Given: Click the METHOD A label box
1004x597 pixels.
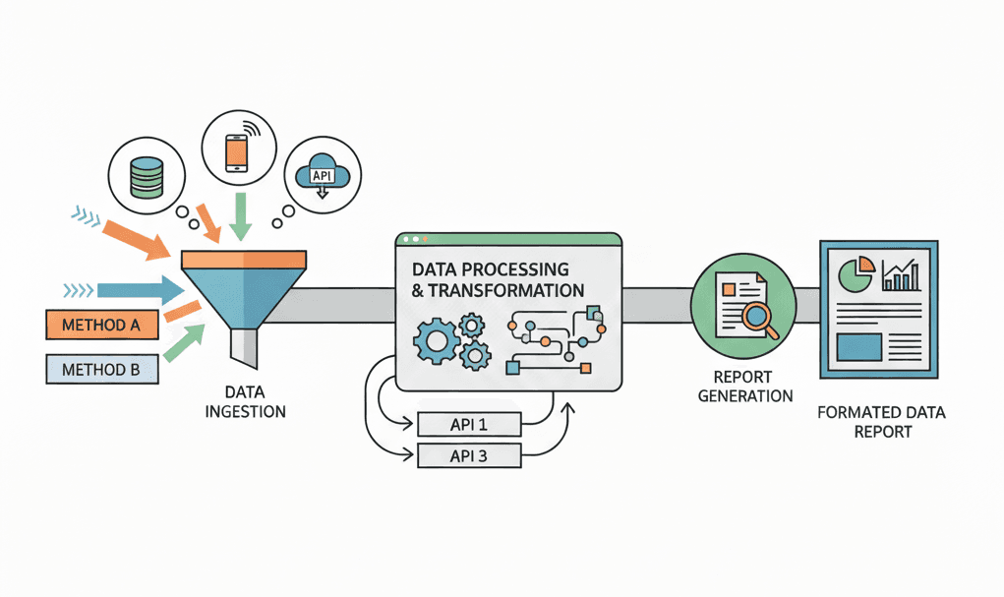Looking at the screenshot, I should (x=101, y=325).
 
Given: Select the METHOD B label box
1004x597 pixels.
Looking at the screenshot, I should (x=101, y=370).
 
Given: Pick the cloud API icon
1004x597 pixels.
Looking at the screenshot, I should (x=322, y=176).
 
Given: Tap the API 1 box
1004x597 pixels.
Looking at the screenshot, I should (x=467, y=424).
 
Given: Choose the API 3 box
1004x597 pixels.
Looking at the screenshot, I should (x=467, y=455).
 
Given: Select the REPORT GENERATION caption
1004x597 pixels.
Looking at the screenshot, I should (x=742, y=387).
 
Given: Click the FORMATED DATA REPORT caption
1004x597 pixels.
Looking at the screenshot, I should (x=880, y=422).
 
